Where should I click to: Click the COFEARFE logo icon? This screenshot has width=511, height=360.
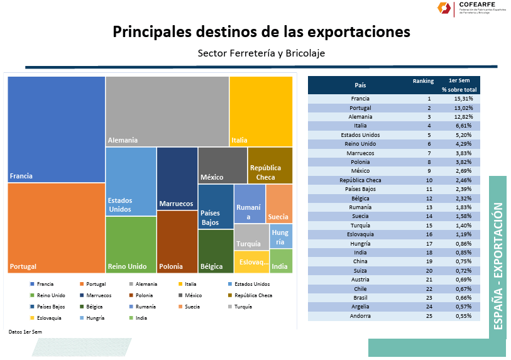445,9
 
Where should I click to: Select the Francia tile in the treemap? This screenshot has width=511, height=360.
56,129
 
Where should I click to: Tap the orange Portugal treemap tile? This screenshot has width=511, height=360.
56,227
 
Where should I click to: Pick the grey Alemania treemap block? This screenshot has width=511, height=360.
167,111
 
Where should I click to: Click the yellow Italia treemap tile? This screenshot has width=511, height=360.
261,111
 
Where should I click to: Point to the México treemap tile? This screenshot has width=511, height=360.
223,166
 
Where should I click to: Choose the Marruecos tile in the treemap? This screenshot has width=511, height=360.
177,178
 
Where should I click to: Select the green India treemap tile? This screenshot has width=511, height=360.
280,261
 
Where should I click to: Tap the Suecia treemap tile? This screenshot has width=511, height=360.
279,204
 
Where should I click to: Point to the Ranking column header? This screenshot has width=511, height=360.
423,81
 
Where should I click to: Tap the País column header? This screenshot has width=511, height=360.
360,85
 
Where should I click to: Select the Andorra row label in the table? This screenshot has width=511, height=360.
360,316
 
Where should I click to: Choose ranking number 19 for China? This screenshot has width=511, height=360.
429,261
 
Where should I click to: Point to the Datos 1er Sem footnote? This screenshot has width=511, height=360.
25,331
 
